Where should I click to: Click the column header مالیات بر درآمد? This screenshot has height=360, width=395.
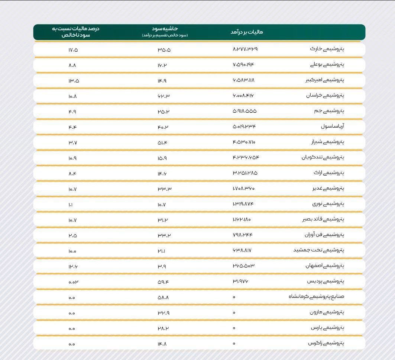pyautogui.click(x=247, y=32)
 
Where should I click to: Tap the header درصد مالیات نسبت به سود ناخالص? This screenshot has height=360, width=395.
pyautogui.click(x=75, y=32)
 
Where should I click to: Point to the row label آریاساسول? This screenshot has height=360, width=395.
pyautogui.click(x=333, y=126)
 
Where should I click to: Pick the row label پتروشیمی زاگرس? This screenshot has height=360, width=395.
pyautogui.click(x=326, y=343)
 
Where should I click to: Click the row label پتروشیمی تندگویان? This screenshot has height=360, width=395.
pyautogui.click(x=323, y=157)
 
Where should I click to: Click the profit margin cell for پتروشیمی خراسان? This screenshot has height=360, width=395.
pyautogui.click(x=163, y=96)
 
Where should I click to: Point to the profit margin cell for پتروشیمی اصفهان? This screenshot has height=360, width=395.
pyautogui.click(x=162, y=266)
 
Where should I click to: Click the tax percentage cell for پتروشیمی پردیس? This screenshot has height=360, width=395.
pyautogui.click(x=73, y=282)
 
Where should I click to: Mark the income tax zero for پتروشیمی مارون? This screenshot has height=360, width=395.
pyautogui.click(x=234, y=313)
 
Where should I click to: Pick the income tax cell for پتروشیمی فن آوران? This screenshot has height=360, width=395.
pyautogui.click(x=242, y=235)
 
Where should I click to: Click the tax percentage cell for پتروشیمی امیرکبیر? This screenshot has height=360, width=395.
pyautogui.click(x=74, y=80)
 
